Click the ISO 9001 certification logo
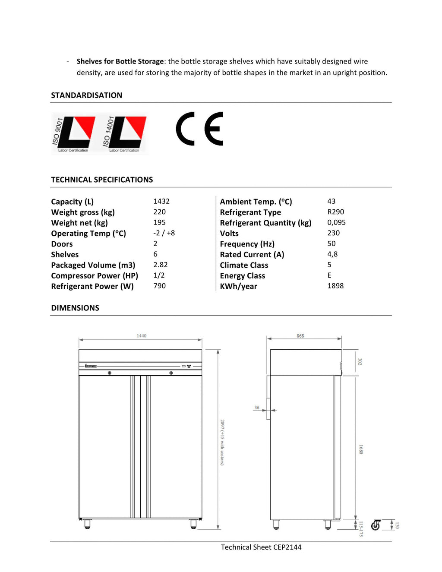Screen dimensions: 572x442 click(73, 133)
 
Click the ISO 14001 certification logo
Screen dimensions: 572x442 click(125, 133)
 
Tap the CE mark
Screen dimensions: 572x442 click(199, 129)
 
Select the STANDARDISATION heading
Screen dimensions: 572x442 click(86, 95)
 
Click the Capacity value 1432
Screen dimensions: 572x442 click(161, 201)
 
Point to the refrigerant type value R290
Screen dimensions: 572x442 click(335, 212)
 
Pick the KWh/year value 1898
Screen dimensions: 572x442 click(335, 286)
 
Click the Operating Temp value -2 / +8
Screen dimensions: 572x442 click(164, 233)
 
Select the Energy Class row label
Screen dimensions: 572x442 click(242, 276)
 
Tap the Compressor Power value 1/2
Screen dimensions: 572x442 click(159, 275)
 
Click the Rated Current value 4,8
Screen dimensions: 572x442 click(332, 254)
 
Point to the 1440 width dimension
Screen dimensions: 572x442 click(142, 335)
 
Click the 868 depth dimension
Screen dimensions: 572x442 click(300, 335)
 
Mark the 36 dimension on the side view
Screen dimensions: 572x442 click(257, 408)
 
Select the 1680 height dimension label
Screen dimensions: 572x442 click(361, 449)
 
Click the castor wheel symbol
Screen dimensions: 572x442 click(376, 525)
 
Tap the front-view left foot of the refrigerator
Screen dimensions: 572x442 click(88, 524)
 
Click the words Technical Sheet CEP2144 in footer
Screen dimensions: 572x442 click(261, 547)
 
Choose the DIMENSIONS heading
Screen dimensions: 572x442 click(75, 308)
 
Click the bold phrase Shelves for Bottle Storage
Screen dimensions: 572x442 click(120, 61)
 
